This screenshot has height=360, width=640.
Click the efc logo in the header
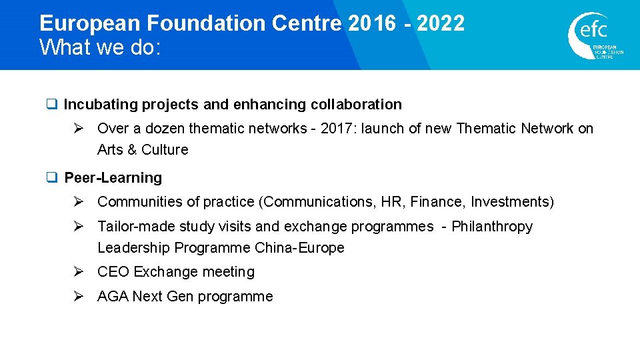point(595,35)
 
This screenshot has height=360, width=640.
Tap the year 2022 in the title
point(441,23)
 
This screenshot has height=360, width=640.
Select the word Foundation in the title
point(207,23)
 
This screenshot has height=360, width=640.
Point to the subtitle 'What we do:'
point(100,47)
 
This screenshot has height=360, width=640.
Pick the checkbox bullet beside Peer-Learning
point(51,177)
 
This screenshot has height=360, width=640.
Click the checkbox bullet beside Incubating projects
point(51,105)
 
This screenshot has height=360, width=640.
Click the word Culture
point(165,150)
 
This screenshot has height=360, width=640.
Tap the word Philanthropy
point(492,227)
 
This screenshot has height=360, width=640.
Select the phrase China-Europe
point(299,248)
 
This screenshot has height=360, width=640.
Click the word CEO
point(113,272)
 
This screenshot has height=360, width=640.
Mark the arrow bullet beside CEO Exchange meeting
point(78,272)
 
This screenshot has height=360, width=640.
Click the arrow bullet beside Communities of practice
point(78,202)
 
